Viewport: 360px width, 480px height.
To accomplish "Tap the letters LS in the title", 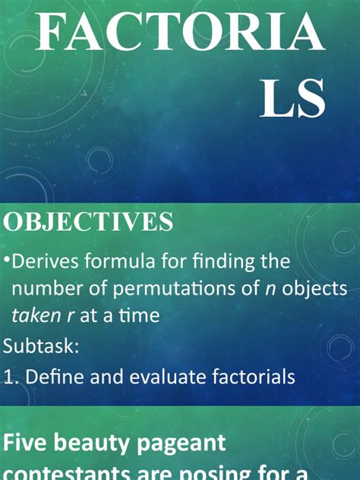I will (x=293, y=99).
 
